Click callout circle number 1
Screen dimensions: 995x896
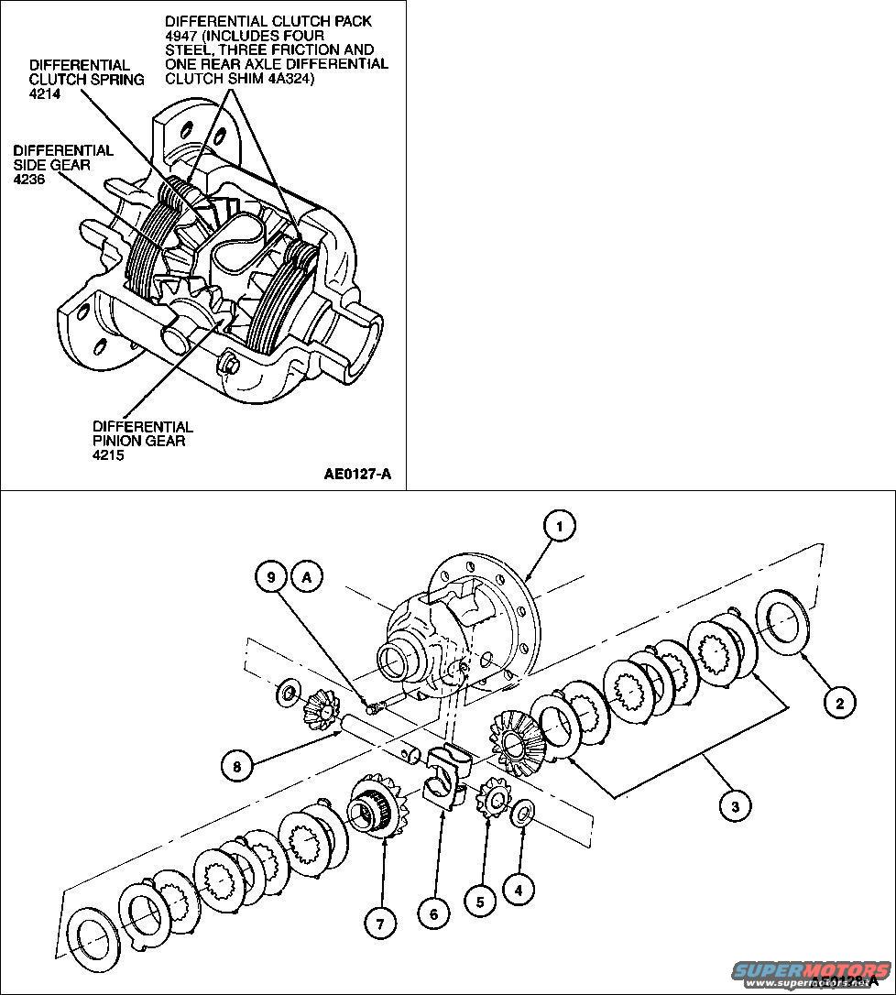tap(560, 526)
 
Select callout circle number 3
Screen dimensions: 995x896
tap(734, 805)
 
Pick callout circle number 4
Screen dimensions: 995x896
tap(519, 888)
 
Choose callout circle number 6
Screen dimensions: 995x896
tap(432, 913)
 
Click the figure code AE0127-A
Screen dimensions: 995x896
tap(357, 474)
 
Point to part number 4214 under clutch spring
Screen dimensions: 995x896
tap(45, 93)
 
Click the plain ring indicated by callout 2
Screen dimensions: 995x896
tap(781, 622)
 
